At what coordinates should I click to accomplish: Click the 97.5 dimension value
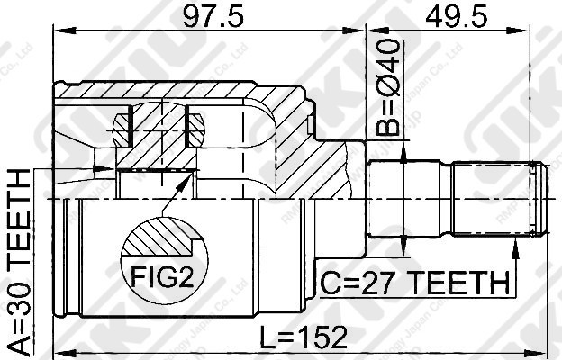click(x=208, y=16)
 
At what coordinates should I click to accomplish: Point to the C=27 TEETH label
click(x=414, y=283)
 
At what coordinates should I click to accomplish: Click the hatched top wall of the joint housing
click(x=180, y=91)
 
